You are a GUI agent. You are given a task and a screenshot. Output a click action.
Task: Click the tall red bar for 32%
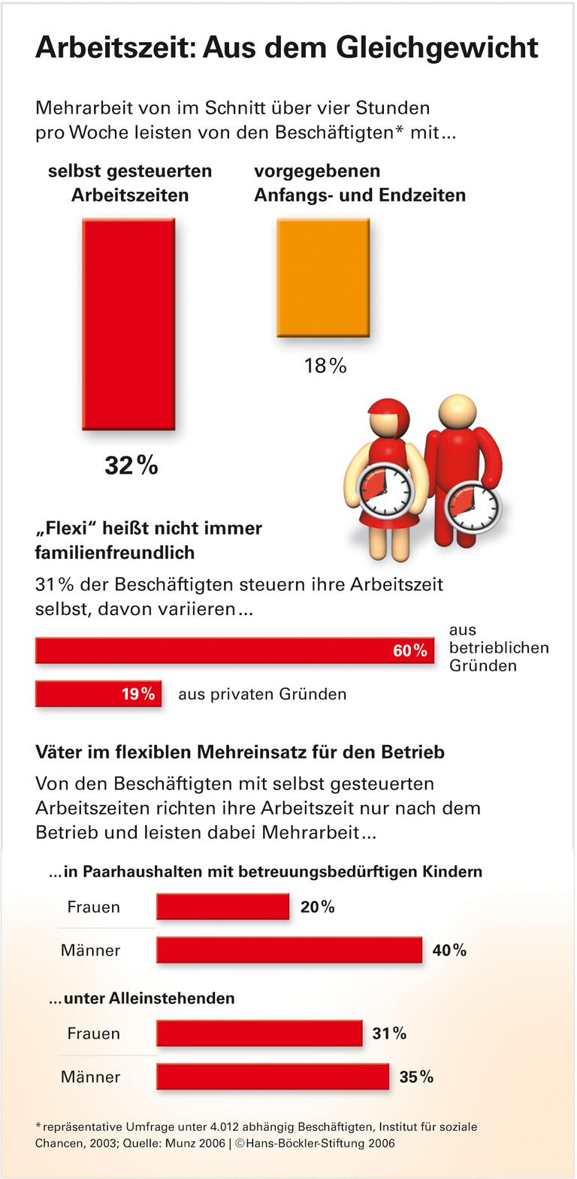pos(128,324)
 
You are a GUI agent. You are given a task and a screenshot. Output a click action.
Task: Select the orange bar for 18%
pos(323,277)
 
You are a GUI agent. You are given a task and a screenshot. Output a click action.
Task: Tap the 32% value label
pos(131,466)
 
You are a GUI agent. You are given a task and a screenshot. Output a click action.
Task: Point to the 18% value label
pos(325,366)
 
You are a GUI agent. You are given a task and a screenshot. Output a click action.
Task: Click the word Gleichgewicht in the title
pos(437,47)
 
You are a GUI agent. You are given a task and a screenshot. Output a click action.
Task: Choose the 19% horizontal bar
pos(98,694)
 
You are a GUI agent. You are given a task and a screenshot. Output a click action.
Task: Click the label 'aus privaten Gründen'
pos(262,694)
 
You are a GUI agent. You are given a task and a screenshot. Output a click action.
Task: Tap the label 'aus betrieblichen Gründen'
pos(498,647)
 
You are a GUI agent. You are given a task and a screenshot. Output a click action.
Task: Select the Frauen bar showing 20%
pos(222,906)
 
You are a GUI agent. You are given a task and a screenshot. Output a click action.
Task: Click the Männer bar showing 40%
pos(289,950)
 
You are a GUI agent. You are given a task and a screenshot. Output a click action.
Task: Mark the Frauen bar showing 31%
pos(259,1033)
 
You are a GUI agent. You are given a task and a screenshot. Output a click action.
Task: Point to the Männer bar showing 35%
pos(273,1077)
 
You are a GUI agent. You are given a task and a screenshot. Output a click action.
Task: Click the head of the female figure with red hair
pos(388,418)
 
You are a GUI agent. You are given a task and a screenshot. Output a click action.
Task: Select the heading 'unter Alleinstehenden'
pos(142,998)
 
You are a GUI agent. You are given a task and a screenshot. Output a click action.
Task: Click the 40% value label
pos(449,950)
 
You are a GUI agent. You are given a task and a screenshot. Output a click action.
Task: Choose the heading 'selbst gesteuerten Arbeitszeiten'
pos(130,183)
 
